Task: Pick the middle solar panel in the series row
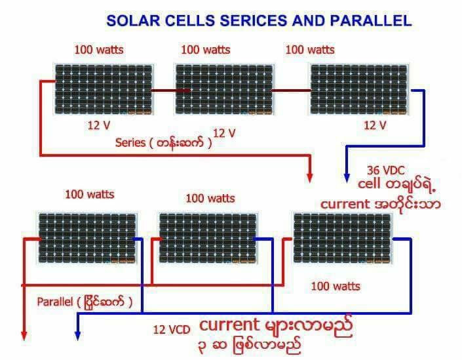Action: pyautogui.click(x=223, y=89)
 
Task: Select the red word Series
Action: pyautogui.click(x=130, y=142)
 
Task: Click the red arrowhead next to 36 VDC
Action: pyautogui.click(x=310, y=176)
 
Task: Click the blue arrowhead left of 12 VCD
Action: pyautogui.click(x=77, y=334)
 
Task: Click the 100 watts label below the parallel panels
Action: pyautogui.click(x=335, y=287)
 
